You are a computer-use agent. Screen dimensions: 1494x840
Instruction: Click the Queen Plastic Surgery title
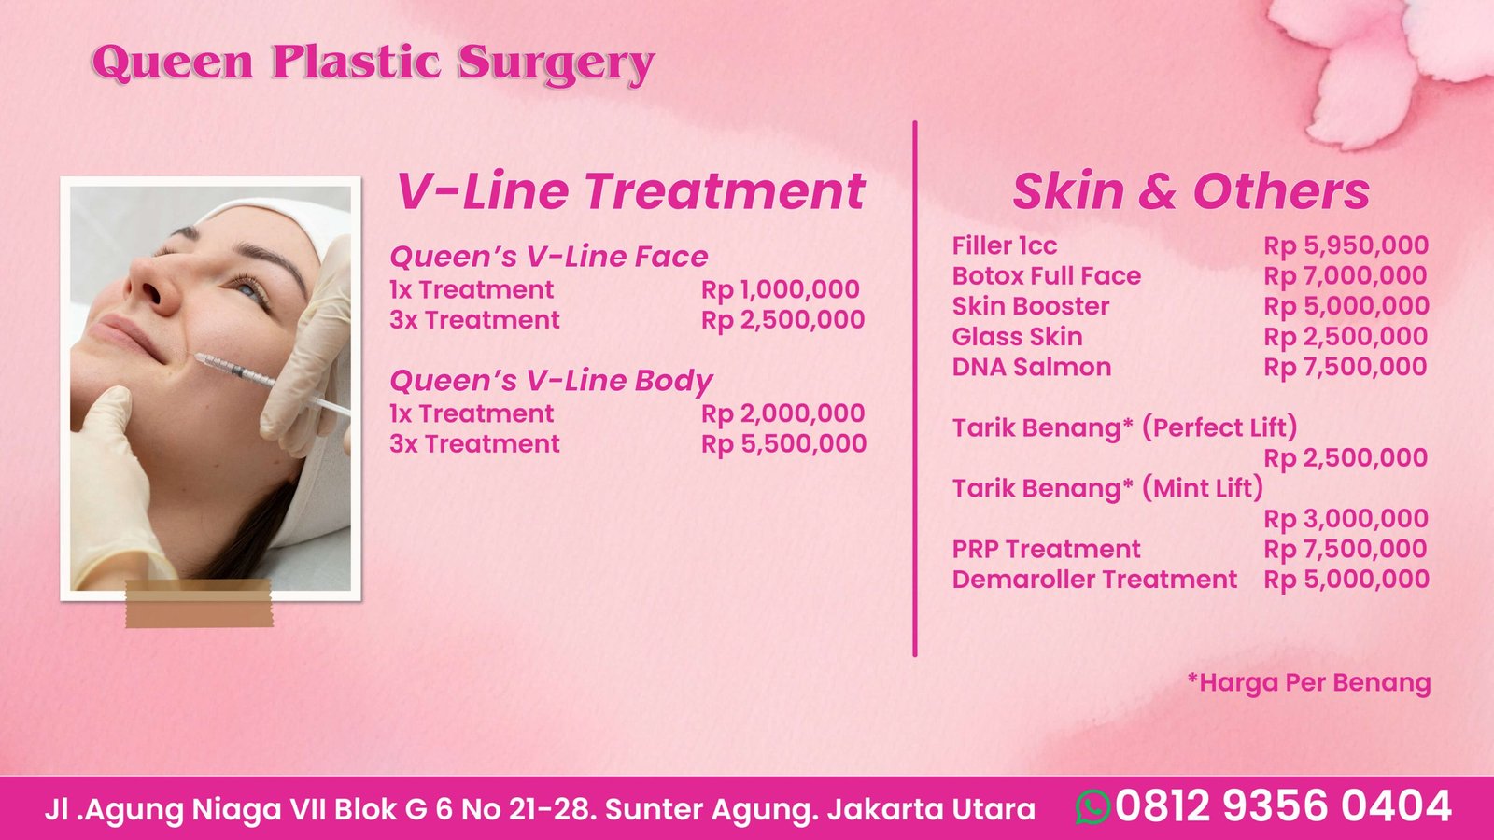tap(373, 63)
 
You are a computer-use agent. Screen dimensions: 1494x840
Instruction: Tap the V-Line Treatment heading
tap(630, 191)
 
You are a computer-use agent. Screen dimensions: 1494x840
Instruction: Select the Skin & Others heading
tap(1191, 191)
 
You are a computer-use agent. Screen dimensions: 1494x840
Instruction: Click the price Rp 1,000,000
tap(781, 290)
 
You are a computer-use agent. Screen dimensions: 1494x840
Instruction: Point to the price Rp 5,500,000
tap(783, 444)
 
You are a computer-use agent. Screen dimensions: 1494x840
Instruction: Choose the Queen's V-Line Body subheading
tap(551, 382)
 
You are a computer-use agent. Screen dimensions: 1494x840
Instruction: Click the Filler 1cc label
tap(1005, 246)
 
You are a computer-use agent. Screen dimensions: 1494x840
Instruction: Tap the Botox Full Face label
tap(1047, 276)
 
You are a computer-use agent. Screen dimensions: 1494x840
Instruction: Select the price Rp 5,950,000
tap(1346, 246)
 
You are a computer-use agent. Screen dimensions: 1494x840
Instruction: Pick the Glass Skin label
tap(1017, 337)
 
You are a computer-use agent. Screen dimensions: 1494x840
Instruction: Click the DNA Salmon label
tap(1032, 368)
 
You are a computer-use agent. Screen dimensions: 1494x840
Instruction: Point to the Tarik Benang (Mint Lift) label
tap(1107, 489)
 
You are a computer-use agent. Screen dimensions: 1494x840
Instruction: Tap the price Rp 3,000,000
tap(1346, 519)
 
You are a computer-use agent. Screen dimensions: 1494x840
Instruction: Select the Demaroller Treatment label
tap(1094, 580)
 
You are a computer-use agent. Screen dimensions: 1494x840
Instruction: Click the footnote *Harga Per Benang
tap(1309, 683)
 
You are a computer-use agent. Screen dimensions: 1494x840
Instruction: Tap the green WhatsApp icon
tap(1093, 806)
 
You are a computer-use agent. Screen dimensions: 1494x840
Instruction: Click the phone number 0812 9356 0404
tap(1283, 806)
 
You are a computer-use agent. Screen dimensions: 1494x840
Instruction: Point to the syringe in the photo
tap(272, 385)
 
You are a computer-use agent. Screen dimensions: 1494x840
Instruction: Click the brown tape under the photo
tap(199, 604)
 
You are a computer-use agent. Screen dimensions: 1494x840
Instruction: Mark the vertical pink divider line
tap(915, 388)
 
